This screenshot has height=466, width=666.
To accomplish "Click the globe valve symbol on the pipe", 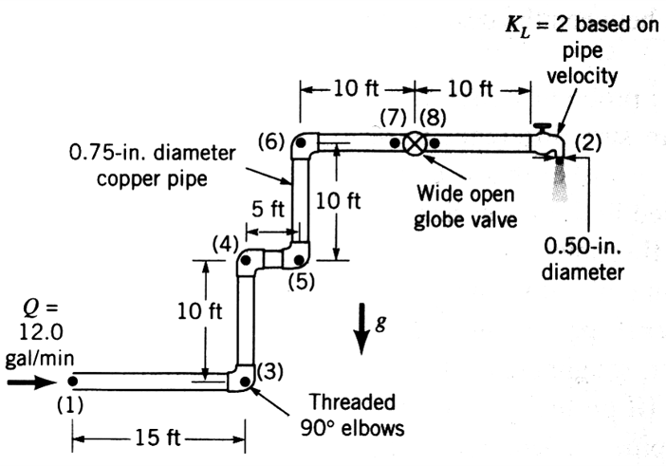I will coord(415,143).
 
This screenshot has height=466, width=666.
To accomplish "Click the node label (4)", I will coord(223,243).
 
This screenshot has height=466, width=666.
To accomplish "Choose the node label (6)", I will coord(271,141).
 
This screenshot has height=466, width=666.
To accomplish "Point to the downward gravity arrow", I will coord(361,327).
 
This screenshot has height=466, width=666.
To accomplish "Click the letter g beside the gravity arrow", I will coord(379,321).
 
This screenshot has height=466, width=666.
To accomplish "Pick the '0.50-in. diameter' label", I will coord(583,258).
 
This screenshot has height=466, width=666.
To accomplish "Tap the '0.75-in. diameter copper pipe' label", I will coord(139,163).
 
